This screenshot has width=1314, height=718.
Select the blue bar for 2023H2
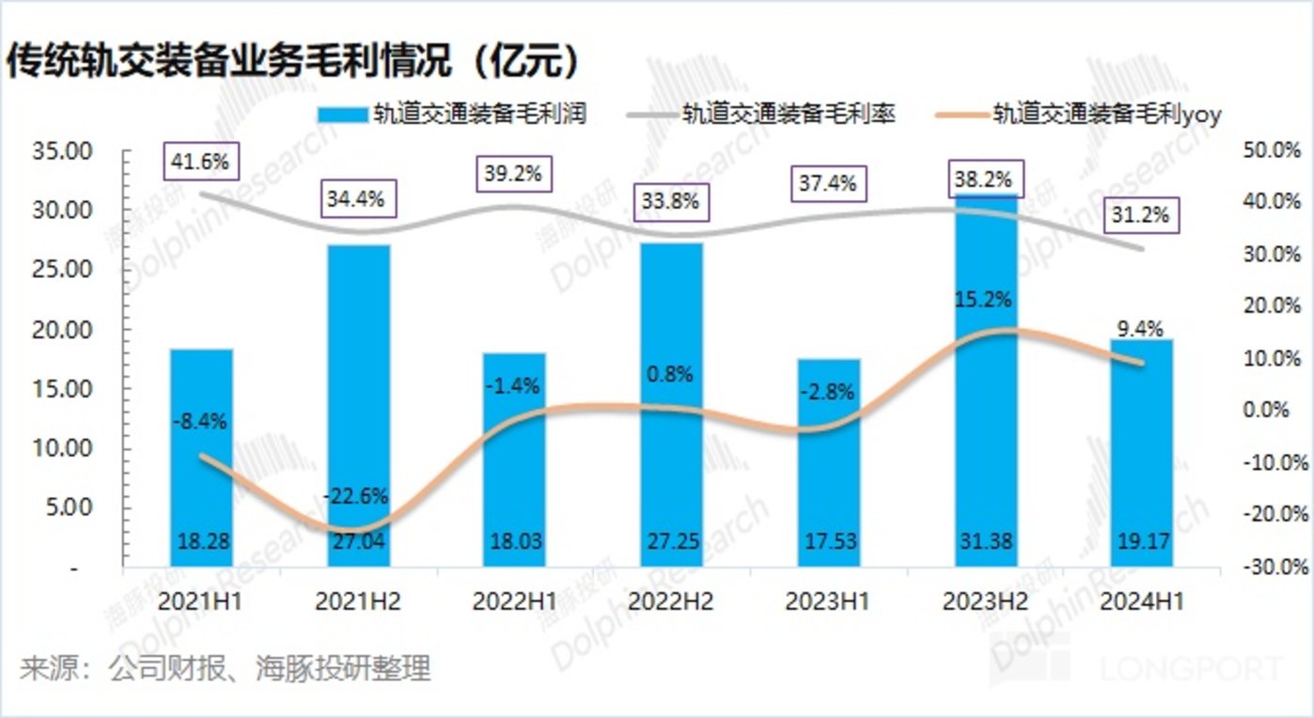(985, 395)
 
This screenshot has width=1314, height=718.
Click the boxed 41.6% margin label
(200, 162)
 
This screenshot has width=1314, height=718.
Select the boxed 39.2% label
(514, 175)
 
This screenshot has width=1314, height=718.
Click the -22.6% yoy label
(355, 496)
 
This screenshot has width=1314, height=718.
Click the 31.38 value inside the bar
(985, 543)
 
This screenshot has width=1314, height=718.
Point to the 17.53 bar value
(828, 543)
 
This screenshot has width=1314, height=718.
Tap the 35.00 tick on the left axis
(62, 151)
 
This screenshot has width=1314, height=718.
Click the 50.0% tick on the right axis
(1274, 150)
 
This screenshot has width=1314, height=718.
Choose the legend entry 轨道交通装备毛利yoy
(1081, 114)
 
